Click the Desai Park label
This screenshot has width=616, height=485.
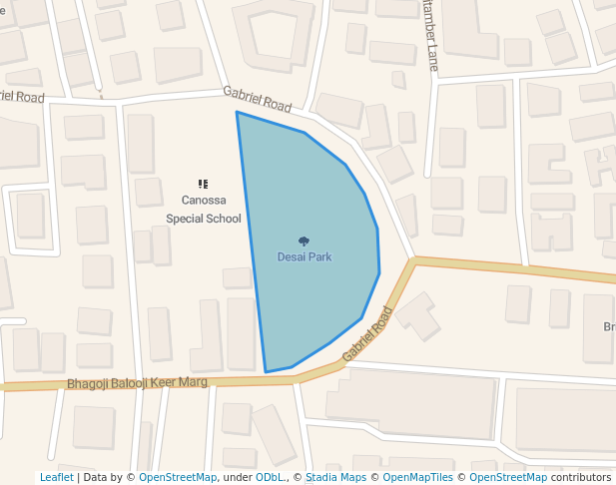[x=305, y=256]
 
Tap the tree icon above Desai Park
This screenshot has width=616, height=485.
[x=304, y=241]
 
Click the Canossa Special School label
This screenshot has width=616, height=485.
[x=204, y=209]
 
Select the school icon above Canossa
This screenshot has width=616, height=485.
[x=203, y=184]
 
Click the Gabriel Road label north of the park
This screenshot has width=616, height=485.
[x=257, y=98]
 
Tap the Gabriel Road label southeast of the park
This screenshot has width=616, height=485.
[x=366, y=333]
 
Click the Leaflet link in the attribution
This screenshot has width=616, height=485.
[x=56, y=477]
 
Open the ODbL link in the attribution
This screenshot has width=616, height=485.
[x=270, y=477]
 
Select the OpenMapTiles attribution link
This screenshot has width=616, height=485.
[x=418, y=477]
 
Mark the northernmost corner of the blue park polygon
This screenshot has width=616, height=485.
[x=237, y=112]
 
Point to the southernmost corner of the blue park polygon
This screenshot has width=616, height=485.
[x=266, y=372]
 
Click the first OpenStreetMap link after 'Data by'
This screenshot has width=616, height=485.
[x=178, y=477]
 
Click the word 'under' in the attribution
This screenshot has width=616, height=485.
[x=238, y=477]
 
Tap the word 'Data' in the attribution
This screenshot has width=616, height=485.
[x=96, y=477]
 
